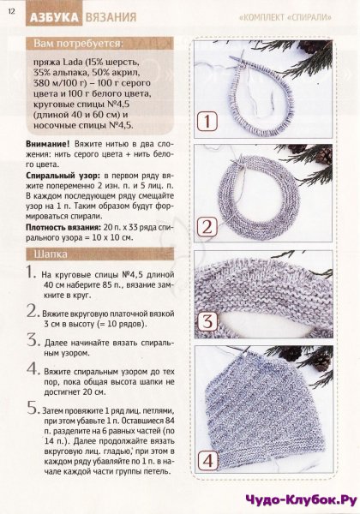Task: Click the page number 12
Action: click(11, 11)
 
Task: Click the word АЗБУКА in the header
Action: click(54, 17)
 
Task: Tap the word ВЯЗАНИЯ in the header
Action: click(111, 17)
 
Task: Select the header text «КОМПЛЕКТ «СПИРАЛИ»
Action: click(285, 17)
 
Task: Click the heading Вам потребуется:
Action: click(79, 44)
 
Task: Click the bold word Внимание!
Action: click(48, 144)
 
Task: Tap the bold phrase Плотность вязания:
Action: click(63, 227)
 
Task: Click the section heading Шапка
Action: click(51, 254)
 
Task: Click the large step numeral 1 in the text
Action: click(31, 272)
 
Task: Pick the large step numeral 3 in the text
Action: click(33, 340)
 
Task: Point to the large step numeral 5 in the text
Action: click(33, 408)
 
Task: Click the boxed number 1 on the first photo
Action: click(207, 122)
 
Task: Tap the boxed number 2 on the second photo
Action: click(207, 227)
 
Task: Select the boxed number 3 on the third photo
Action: click(207, 321)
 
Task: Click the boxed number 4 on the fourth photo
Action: click(208, 461)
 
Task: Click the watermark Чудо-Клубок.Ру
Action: click(301, 500)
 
